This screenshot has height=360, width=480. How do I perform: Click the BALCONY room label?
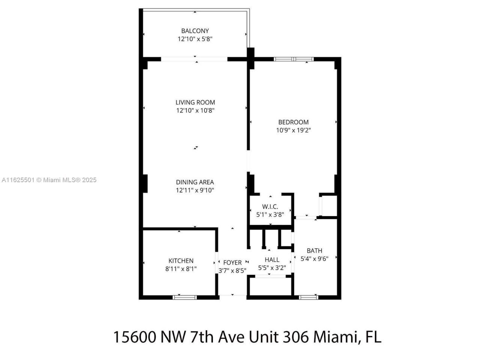195,31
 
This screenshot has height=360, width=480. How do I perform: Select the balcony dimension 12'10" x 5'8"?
195,39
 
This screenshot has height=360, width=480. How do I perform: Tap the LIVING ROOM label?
195,102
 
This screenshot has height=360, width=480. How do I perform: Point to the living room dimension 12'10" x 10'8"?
195,111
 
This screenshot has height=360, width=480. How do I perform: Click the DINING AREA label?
195,182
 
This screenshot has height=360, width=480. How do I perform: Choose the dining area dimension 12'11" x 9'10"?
195,190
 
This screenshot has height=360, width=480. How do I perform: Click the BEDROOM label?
293,122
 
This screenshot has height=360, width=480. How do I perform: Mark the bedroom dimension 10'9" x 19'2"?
293,130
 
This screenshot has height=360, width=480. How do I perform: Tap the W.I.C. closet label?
270,207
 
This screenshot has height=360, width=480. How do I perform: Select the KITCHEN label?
181,261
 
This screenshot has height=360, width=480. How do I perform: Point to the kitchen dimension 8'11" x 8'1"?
181,269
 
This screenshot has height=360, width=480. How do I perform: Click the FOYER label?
232,262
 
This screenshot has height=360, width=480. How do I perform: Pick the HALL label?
272,259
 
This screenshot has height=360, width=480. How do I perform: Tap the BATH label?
314,250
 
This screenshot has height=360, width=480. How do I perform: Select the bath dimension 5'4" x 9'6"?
314,258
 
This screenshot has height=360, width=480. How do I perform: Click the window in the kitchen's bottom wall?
184,297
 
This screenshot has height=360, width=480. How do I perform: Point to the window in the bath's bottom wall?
308,297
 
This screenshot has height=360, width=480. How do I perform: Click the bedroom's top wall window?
294,59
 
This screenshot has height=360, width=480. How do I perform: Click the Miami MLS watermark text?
49,180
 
